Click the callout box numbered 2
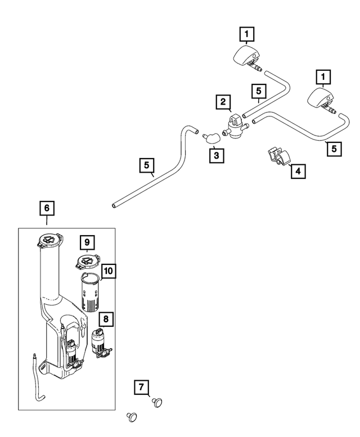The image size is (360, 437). pyautogui.click(x=223, y=102)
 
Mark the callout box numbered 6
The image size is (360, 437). pyautogui.click(x=47, y=208)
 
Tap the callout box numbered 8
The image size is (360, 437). pyautogui.click(x=105, y=319)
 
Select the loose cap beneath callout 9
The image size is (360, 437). pyautogui.click(x=87, y=262)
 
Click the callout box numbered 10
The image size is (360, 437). pyautogui.click(x=108, y=272)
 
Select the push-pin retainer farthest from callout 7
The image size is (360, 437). pyautogui.click(x=132, y=417)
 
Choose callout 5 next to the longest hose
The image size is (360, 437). pyautogui.click(x=146, y=166)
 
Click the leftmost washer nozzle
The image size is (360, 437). pyautogui.click(x=247, y=57)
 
